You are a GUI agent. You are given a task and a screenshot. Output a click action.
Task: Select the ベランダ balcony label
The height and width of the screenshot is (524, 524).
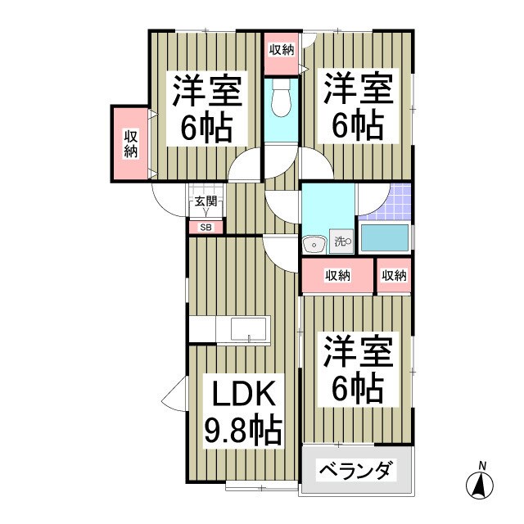(355, 472)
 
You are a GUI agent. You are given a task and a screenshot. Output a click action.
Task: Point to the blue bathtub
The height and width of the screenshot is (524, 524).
(385, 237)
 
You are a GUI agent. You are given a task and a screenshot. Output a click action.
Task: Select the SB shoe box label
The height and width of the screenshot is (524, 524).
(205, 228)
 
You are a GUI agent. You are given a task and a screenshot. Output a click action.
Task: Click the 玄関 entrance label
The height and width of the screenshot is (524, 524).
(205, 201)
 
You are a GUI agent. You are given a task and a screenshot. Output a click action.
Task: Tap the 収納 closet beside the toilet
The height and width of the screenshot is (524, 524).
(281, 49)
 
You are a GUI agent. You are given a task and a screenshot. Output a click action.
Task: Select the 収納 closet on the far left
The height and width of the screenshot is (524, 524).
(131, 144)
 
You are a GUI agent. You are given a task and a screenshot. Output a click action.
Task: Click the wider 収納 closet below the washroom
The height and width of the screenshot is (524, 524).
(337, 276)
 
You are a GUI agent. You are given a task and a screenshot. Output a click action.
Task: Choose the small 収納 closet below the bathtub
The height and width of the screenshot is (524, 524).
(394, 276)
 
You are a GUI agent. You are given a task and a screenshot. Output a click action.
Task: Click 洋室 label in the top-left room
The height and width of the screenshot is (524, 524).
(206, 91)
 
